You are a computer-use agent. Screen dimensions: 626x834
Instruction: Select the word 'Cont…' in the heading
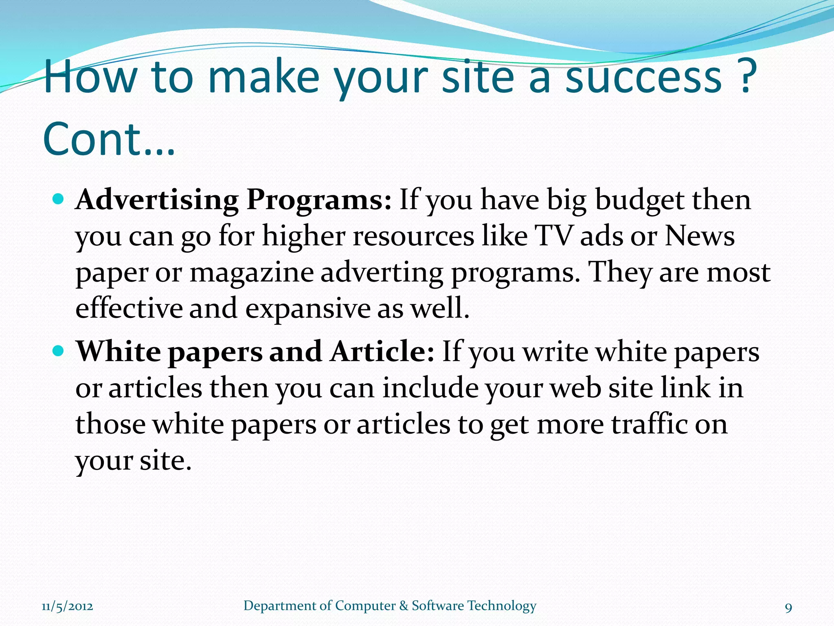coord(109,139)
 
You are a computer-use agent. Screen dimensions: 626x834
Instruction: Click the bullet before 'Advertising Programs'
coord(59,199)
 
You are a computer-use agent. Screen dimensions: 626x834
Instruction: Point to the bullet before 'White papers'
coord(59,350)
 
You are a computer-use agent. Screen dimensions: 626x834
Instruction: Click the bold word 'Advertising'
coord(157,201)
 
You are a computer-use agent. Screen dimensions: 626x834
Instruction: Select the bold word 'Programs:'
coord(319,201)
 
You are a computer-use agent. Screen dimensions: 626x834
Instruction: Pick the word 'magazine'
coord(252,272)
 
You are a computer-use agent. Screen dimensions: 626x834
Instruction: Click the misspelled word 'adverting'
coord(382,273)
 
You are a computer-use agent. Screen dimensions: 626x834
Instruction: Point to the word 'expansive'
coord(307,308)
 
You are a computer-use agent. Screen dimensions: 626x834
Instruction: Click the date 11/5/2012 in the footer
coord(67,606)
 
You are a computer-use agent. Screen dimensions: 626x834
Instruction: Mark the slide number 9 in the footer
coord(788,608)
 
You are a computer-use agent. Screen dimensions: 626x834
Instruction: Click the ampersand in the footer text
coord(404,606)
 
